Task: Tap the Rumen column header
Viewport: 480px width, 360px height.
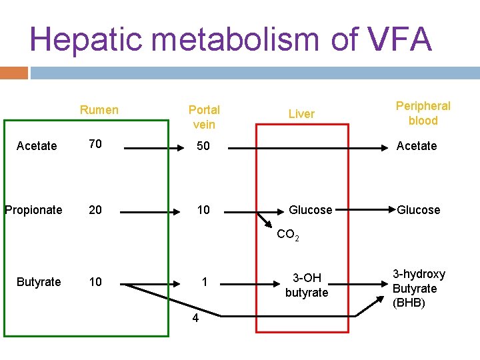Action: pos(99,110)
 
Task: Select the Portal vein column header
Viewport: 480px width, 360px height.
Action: pos(204,117)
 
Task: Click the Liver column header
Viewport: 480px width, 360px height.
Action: pos(301,114)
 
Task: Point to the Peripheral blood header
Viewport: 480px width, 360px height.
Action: pos(423,113)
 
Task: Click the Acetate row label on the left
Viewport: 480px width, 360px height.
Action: pos(37,146)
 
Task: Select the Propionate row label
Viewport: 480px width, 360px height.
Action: pos(33,210)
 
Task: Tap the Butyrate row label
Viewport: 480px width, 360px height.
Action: pos(39,282)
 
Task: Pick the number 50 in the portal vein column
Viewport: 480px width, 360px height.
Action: pos(203,146)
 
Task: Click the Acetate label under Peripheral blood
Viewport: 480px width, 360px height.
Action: pos(417,146)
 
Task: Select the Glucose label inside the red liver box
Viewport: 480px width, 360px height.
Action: pos(310,210)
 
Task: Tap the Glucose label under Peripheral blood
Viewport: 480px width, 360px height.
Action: pos(419,210)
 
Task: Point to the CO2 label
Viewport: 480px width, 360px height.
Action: pos(288,235)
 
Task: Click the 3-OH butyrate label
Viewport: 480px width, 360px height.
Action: pos(307,286)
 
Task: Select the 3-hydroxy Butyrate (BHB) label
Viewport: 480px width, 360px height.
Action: pos(419,289)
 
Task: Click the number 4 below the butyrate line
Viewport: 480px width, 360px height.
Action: pos(195,318)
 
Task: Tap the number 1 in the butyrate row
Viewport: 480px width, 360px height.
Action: pos(205,282)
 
